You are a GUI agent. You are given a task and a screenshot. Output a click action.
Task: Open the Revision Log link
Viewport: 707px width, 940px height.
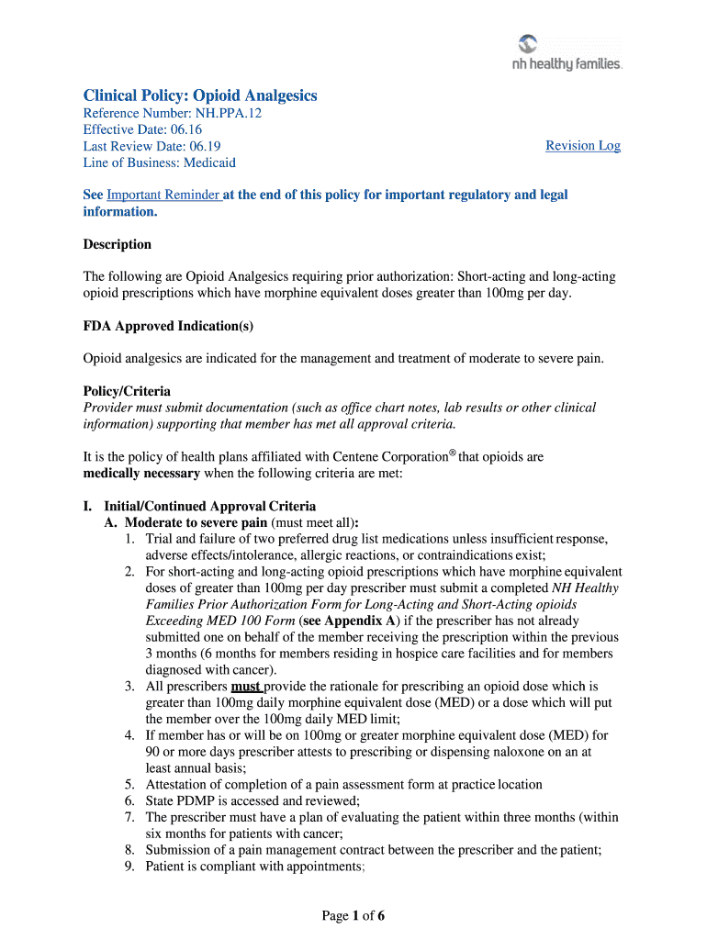pyautogui.click(x=583, y=146)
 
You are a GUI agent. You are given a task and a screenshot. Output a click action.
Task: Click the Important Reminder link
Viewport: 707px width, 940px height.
pyautogui.click(x=163, y=195)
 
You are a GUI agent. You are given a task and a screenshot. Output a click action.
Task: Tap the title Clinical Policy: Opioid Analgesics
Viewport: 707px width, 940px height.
pyautogui.click(x=200, y=95)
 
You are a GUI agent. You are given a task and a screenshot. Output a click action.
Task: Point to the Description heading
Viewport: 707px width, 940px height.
pyautogui.click(x=118, y=244)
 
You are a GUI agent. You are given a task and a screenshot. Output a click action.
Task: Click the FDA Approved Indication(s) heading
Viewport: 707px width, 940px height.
pyautogui.click(x=168, y=326)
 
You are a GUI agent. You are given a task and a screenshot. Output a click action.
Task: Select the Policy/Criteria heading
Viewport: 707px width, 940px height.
pyautogui.click(x=127, y=391)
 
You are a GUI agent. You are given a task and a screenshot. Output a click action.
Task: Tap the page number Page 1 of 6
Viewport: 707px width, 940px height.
pyautogui.click(x=353, y=914)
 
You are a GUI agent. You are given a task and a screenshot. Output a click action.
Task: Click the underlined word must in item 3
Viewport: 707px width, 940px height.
pyautogui.click(x=246, y=686)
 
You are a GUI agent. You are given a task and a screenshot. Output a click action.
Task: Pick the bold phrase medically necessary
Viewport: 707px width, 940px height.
pyautogui.click(x=141, y=474)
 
